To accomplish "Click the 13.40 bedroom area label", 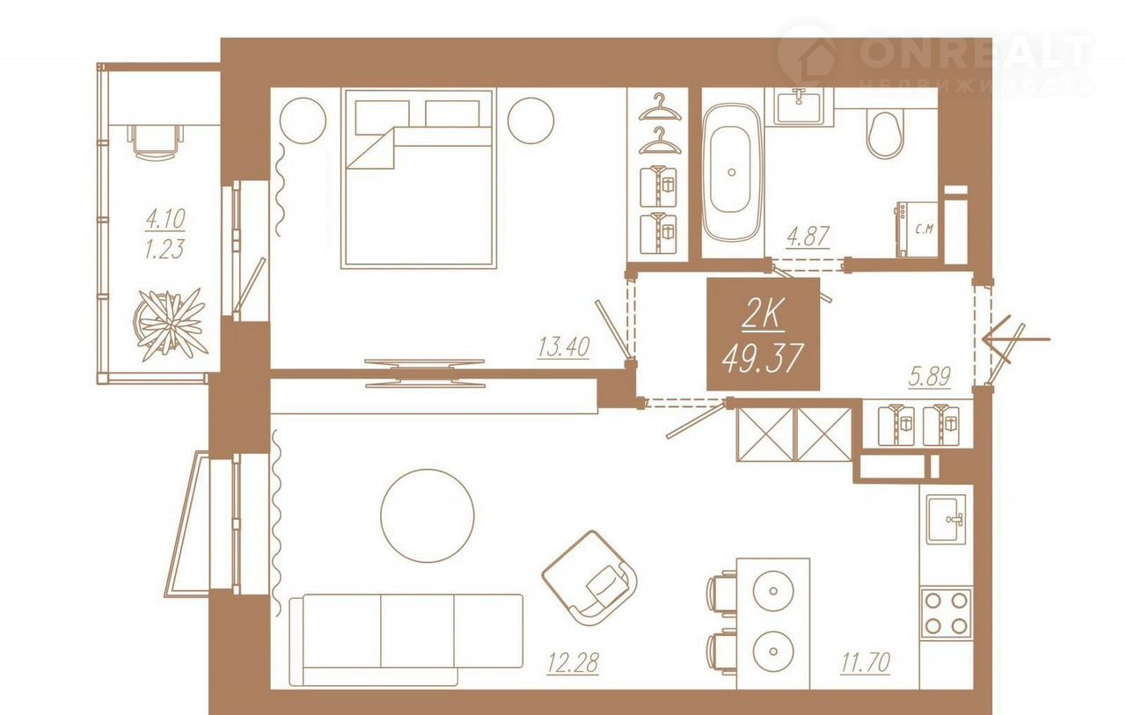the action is (x=564, y=347).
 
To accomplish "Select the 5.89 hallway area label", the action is (x=930, y=376).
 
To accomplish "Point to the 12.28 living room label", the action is (x=573, y=663).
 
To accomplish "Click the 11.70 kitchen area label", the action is (x=865, y=662).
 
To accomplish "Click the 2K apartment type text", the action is (x=764, y=316).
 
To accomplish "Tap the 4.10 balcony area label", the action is (x=165, y=219).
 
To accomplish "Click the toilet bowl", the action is (x=885, y=134).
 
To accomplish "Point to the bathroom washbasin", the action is (x=799, y=106).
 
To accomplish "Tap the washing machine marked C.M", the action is (x=917, y=230).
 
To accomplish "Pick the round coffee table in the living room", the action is (x=428, y=516).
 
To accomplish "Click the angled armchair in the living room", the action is (x=590, y=579).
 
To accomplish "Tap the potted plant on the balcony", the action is (x=171, y=325).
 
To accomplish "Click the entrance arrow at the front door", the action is (x=1015, y=339).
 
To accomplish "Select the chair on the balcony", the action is (x=156, y=142).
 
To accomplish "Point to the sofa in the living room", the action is (x=406, y=639).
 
